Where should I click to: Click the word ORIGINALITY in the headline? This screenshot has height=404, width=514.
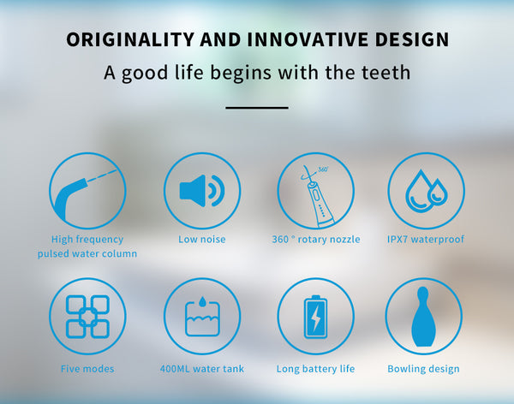(x=130, y=39)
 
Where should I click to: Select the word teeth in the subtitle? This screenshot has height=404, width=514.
(x=384, y=73)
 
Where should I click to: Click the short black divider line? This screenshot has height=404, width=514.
(x=257, y=108)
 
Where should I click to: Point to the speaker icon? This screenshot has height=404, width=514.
(x=202, y=191)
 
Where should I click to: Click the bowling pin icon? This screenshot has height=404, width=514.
(x=423, y=317)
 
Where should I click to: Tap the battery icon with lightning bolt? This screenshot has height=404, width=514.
(x=315, y=317)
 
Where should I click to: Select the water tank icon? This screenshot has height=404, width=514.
(x=202, y=317)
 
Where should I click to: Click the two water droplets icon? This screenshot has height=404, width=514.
(x=426, y=191)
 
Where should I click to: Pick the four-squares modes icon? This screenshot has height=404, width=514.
(x=87, y=317)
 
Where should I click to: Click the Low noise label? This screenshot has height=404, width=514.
(x=202, y=239)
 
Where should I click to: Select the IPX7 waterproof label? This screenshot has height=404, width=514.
(x=426, y=239)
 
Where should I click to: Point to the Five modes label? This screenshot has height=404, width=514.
(x=87, y=369)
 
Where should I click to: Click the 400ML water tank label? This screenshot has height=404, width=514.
(x=202, y=369)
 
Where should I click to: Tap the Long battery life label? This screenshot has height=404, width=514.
(x=315, y=369)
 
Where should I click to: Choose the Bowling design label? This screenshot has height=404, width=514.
(x=423, y=369)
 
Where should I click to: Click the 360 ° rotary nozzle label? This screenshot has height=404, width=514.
(x=316, y=239)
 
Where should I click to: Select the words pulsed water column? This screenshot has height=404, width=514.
(x=87, y=253)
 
